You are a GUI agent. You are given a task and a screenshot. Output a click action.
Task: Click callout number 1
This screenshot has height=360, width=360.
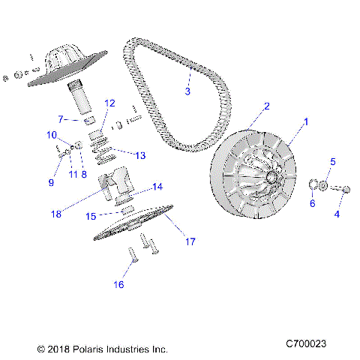[304, 121]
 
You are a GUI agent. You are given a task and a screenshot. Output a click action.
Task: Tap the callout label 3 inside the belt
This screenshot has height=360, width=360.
[188, 91]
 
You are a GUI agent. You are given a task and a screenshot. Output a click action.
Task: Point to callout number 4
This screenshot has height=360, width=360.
[336, 214]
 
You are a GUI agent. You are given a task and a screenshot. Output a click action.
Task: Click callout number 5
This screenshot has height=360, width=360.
[333, 162]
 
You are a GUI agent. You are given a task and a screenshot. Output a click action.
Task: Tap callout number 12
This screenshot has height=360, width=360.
[109, 103]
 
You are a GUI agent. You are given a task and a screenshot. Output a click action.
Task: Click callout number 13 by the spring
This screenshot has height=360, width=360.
[140, 155]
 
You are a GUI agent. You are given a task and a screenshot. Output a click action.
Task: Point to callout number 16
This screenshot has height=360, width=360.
[118, 284]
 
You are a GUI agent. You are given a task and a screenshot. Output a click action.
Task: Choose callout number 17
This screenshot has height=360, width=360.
[190, 241]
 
